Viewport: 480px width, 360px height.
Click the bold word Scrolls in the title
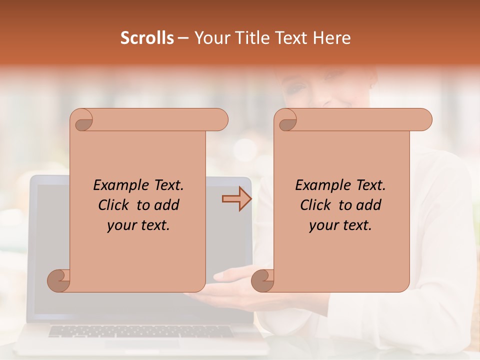(147, 38)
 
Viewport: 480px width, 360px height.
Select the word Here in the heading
(332, 38)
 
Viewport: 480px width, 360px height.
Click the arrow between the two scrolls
(236, 199)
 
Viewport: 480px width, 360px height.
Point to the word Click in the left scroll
(115, 205)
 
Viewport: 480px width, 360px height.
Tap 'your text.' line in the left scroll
(138, 225)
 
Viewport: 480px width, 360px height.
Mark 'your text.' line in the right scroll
(340, 225)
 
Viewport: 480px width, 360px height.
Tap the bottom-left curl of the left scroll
(58, 280)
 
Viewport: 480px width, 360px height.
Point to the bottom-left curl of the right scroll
(262, 280)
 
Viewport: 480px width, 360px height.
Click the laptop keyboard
(140, 331)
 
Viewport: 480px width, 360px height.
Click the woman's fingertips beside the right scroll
(220, 275)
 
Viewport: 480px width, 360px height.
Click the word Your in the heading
(210, 38)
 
